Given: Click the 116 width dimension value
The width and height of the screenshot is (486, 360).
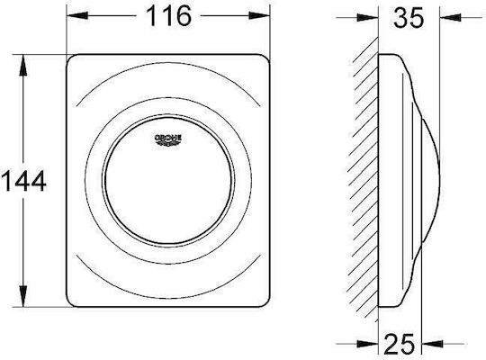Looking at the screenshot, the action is click(169, 16).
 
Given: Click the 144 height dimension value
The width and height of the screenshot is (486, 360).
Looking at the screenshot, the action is click(24, 182).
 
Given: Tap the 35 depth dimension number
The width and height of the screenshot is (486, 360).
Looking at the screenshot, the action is click(409, 18).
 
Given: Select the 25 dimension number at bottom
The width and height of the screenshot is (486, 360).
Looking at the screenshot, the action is click(400, 344).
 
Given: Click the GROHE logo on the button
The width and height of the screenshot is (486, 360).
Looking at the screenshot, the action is click(167, 139).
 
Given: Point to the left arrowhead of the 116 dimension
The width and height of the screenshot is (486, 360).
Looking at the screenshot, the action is click(77, 15).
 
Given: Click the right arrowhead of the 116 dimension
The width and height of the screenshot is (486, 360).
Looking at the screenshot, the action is click(259, 15).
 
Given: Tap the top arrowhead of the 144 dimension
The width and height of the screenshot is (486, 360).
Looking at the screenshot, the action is click(22, 65).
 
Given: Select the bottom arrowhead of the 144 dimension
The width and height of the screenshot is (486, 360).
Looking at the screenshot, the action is click(22, 296).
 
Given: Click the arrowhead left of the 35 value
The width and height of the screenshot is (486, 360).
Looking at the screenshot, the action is click(367, 18).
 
